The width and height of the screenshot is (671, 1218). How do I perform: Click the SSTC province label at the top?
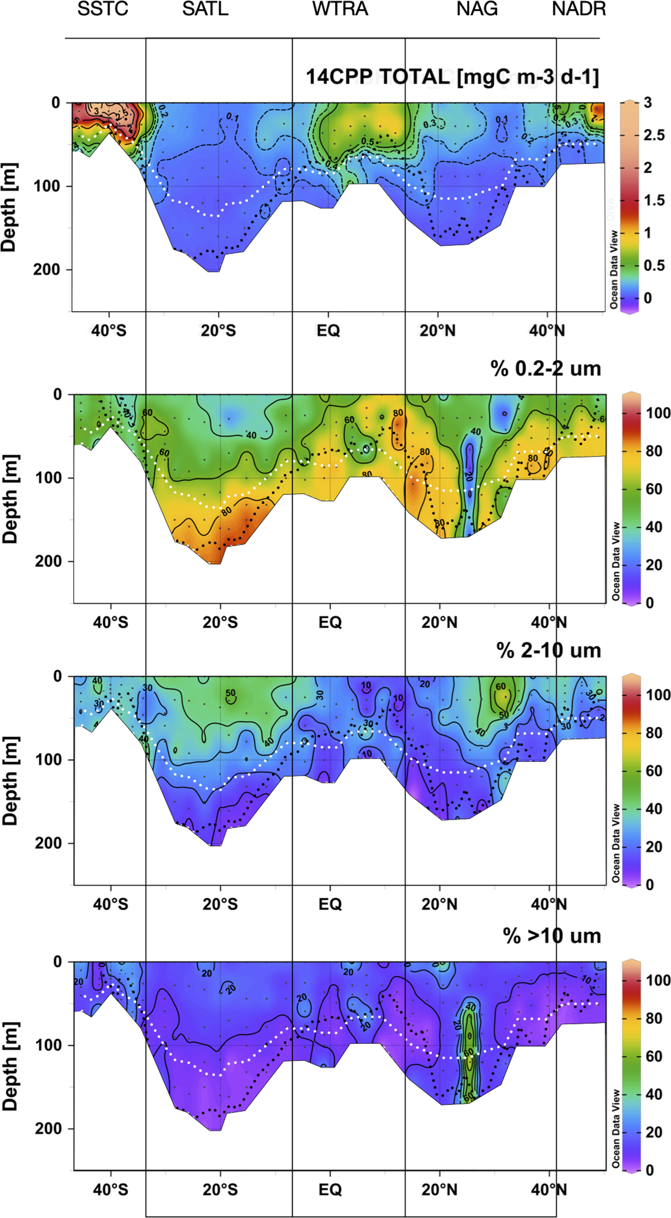(103, 10)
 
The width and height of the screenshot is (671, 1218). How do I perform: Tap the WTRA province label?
(340, 10)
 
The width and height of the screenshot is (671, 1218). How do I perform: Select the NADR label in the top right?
(578, 10)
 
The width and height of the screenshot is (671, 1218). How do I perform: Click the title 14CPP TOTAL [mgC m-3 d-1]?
(452, 77)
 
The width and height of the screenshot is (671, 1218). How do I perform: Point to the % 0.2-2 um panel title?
(545, 369)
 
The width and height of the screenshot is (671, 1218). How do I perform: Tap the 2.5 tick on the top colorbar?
(653, 135)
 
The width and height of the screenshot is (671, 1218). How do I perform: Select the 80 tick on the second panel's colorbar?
(654, 451)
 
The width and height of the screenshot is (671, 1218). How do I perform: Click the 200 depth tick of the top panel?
(46, 269)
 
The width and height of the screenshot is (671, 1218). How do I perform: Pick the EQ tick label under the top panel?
(328, 330)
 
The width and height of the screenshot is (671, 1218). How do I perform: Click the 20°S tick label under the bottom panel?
(220, 1190)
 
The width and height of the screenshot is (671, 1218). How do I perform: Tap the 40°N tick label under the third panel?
(548, 904)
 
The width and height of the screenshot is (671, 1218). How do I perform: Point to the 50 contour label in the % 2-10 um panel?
(230, 693)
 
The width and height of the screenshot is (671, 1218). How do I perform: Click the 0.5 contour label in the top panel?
(368, 142)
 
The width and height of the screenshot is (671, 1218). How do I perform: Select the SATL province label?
(205, 10)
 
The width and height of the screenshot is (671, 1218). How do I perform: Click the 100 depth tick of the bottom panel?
(48, 1045)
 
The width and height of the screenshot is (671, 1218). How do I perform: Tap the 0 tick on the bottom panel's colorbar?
(649, 1170)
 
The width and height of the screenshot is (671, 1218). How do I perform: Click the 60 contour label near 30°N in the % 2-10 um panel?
(500, 687)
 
